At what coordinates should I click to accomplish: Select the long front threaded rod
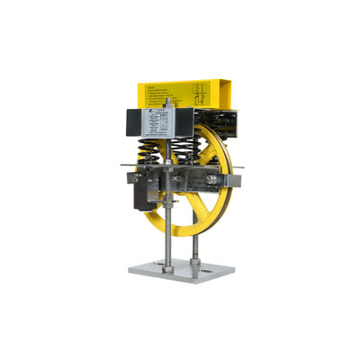166,225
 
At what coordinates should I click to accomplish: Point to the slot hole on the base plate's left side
144,267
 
